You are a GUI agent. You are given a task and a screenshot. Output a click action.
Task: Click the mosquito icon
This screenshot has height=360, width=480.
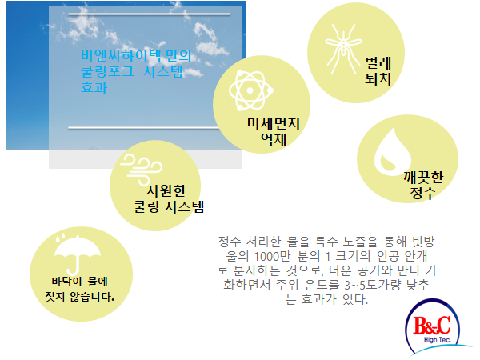(343, 48)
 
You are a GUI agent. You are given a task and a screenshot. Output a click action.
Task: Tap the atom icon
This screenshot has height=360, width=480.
(250, 90)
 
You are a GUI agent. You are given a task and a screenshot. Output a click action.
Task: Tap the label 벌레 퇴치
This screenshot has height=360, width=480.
(378, 70)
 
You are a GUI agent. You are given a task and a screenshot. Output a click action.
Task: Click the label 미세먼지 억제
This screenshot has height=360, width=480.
(274, 132)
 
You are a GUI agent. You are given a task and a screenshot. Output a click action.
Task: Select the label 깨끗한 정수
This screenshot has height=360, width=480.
(423, 185)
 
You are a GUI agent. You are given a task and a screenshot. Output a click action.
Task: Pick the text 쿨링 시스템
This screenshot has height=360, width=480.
(169, 206)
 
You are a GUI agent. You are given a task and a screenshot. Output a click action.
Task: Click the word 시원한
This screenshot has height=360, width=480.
(166, 190)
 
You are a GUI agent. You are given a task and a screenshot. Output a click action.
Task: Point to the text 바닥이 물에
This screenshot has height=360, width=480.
(79, 282)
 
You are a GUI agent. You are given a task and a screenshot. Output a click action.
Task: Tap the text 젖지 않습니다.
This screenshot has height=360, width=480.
(79, 296)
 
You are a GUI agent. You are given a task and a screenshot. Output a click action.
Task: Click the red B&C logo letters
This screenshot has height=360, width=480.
(432, 326)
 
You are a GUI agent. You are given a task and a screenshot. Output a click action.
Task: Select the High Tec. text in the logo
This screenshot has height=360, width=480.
(438, 340)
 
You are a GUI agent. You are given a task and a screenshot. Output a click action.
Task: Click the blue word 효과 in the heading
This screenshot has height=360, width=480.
(94, 87)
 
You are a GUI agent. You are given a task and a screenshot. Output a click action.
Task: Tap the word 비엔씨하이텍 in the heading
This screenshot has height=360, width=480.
(121, 56)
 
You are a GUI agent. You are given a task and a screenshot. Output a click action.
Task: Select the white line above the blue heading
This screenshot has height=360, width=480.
(149, 14)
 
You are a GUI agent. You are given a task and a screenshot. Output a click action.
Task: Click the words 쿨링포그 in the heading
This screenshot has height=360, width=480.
(107, 72)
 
